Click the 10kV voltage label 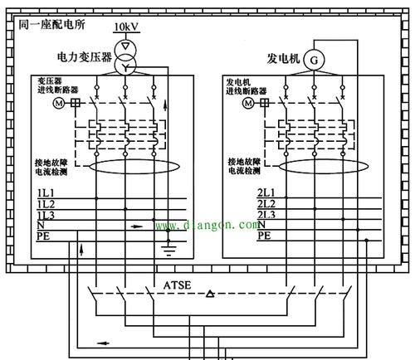click(126, 27)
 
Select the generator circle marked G click(314, 60)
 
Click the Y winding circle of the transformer click(125, 65)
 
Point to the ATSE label click(177, 285)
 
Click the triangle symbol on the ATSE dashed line click(210, 294)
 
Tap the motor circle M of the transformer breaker click(59, 104)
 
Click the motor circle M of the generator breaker click(248, 103)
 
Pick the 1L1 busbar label click(46, 193)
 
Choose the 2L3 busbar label click(266, 215)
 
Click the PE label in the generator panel click(264, 236)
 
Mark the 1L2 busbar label click(46, 204)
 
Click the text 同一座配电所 click(51, 25)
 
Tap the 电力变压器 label click(85, 57)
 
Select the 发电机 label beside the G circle click(283, 58)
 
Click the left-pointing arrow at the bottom click(103, 343)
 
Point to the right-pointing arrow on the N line click(137, 226)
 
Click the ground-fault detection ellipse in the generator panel click(324, 167)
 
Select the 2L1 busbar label click(266, 192)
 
